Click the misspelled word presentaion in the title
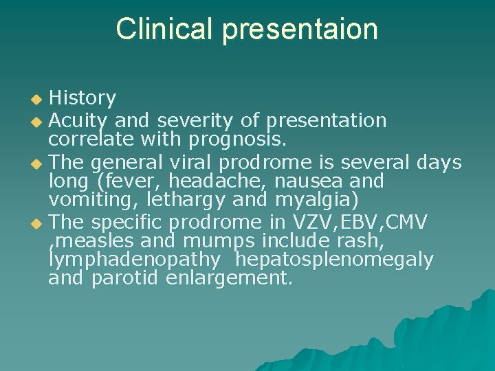[300, 30]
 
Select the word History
[82, 99]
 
